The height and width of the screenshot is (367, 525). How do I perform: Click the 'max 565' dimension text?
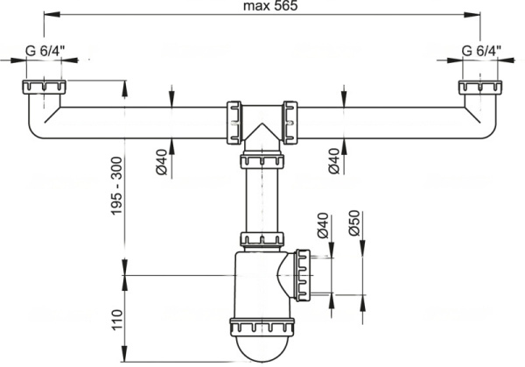click(270, 6)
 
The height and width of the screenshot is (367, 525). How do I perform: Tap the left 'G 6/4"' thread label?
click(45, 51)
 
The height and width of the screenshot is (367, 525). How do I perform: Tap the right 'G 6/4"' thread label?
click(481, 51)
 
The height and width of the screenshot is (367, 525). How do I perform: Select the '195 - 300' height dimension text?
click(117, 186)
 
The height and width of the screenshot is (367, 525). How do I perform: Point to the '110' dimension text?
click(117, 320)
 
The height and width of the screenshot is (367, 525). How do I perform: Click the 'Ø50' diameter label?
click(353, 222)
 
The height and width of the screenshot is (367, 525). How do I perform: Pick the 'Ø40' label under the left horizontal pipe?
click(161, 162)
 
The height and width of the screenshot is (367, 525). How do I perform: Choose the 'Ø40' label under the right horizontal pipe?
click(334, 161)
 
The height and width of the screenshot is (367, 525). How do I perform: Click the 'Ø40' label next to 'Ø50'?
click(323, 225)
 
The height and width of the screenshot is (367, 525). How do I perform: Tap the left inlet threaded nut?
click(45, 87)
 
